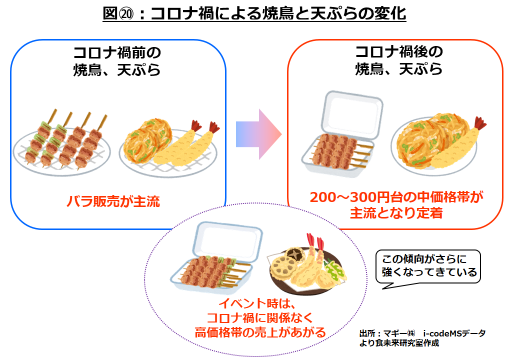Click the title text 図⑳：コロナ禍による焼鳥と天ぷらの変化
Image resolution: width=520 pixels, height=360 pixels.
254,13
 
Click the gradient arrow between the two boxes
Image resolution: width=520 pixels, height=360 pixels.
258,134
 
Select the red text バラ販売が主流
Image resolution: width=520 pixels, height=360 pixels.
113,202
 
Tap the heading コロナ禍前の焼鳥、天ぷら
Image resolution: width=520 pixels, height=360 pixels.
117,60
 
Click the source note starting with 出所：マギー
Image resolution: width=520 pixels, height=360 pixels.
422,338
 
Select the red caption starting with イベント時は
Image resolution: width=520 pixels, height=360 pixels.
259,317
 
